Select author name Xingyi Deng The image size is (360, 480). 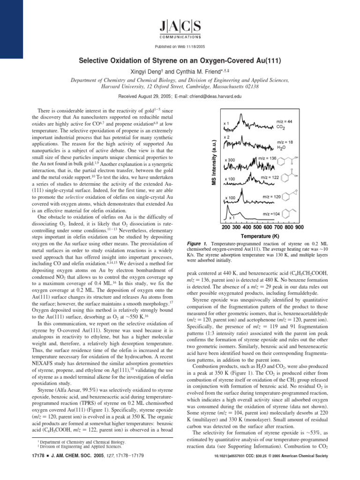(149, 71)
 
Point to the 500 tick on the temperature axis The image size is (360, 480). (255, 227)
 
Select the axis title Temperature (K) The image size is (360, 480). (260, 236)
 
